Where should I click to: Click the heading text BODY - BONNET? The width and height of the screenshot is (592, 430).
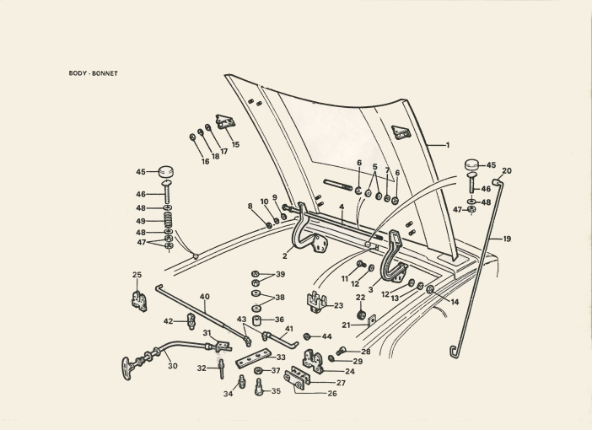pos(93,73)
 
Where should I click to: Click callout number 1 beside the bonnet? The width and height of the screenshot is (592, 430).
pos(447,145)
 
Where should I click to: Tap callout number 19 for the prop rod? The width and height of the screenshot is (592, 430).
pos(507,239)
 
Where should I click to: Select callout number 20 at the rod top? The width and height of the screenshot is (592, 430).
pos(506,171)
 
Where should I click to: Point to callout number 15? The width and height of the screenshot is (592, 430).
pos(235,144)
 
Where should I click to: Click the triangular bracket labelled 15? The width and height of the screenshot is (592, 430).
pos(224,122)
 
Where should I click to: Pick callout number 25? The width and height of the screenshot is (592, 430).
pos(137,275)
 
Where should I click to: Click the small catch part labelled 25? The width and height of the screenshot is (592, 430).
pos(139,299)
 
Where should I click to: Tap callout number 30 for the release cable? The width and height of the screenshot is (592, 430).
pos(172,366)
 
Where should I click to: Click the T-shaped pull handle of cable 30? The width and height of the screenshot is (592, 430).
pos(128,364)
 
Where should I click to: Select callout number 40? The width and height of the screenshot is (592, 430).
pos(204,296)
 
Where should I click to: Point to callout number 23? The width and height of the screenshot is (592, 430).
pos(338,305)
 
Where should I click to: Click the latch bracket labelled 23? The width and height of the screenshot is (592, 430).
pos(317,302)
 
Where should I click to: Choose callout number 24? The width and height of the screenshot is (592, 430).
pos(349,370)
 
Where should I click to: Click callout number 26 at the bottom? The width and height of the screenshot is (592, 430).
pos(331,393)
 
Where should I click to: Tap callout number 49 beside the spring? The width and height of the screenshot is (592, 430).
pos(141,221)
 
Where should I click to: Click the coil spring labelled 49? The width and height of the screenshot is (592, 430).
pos(169,221)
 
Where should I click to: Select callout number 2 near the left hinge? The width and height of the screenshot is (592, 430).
pos(285,255)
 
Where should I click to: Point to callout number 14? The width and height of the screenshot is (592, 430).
pos(455,301)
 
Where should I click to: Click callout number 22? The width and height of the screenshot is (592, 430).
pos(360,297)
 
